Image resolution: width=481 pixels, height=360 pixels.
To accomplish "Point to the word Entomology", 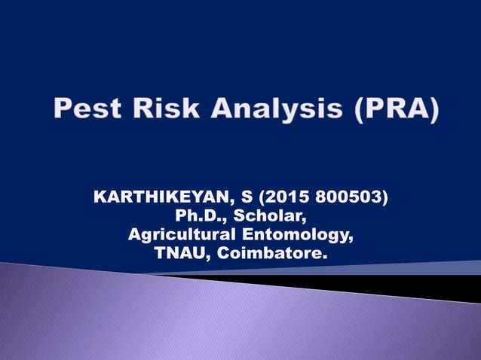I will (x=299, y=236).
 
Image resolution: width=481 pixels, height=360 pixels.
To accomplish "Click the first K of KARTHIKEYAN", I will (x=99, y=199).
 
